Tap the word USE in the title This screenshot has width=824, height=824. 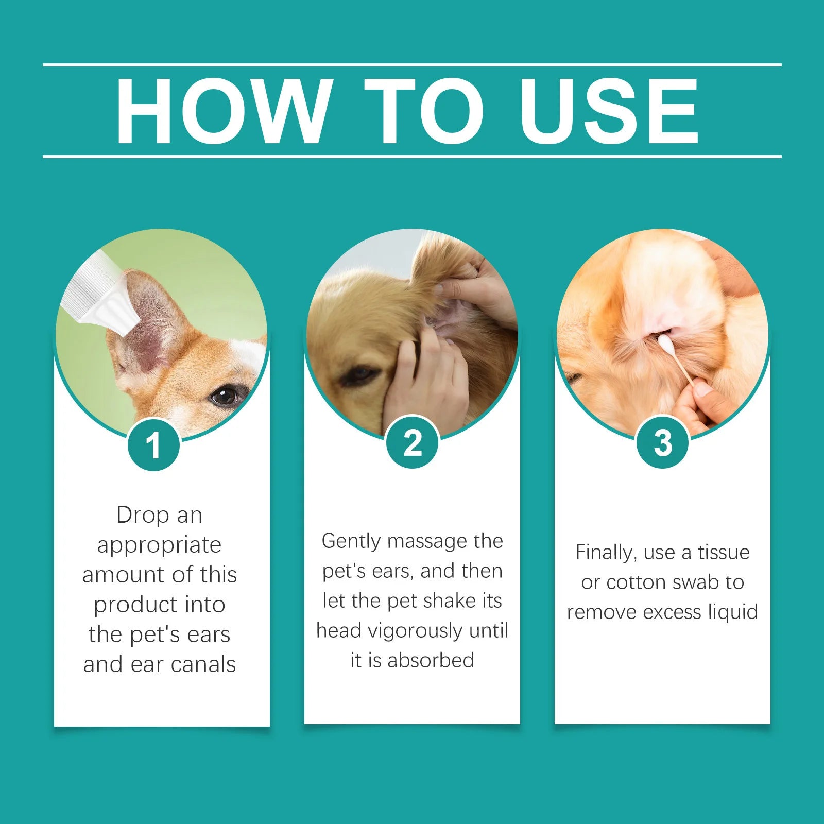point(609,111)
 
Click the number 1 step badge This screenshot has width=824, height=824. point(153,445)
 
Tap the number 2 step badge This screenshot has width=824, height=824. point(412,442)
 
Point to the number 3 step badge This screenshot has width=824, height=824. point(663,442)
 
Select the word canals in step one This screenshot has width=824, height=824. point(203,664)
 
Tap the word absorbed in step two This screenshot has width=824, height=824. point(431,660)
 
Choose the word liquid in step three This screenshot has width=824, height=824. point(733,612)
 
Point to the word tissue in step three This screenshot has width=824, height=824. point(724,552)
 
